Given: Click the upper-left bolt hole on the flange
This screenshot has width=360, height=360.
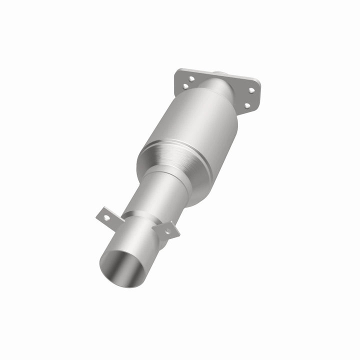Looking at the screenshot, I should coord(191,78).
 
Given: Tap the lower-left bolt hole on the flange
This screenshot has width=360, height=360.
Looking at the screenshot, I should coord(185,86).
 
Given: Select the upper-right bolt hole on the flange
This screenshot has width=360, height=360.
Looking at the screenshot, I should coord(251,90).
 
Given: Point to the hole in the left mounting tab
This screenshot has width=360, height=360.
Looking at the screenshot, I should coord(104,215).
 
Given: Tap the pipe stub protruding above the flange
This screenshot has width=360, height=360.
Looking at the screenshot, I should coord(220,75).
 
